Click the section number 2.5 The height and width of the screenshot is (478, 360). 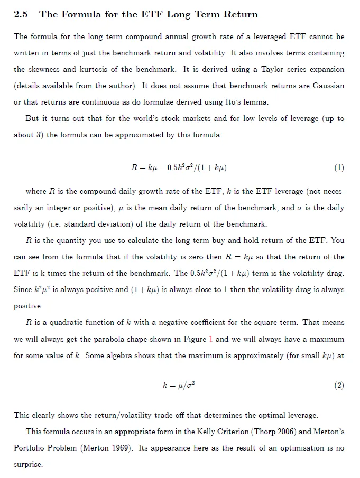[x=21, y=15]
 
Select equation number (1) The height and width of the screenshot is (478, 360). [x=339, y=168]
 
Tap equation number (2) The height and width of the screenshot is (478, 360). [x=339, y=385]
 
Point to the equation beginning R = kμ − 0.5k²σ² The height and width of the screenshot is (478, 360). [x=179, y=168]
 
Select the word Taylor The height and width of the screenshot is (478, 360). [x=267, y=69]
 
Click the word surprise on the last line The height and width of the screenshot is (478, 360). [x=27, y=464]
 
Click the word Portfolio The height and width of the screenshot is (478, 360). [x=31, y=448]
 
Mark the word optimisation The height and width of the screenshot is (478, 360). [x=297, y=448]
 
